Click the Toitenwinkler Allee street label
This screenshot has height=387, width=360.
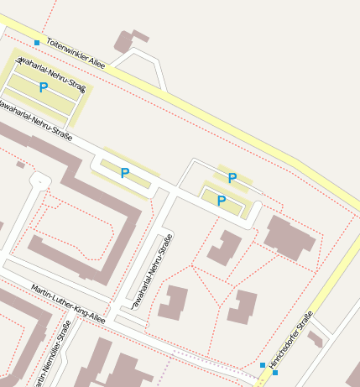coord(75,51)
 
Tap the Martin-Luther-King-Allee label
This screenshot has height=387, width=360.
coord(68,305)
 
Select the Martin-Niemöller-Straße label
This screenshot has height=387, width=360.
coord(52,355)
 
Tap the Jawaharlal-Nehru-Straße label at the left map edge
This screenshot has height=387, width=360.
coord(35,121)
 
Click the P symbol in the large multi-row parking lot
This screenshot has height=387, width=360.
coord(44,87)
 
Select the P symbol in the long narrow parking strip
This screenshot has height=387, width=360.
coord(125,173)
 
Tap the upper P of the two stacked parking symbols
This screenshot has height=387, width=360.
coord(232,177)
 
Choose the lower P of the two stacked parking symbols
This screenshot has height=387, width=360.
coord(222,200)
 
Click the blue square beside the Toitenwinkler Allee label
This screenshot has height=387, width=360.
coord(37,42)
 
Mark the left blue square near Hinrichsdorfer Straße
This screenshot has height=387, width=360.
coord(263,364)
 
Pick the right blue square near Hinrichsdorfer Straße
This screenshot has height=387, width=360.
coord(275,372)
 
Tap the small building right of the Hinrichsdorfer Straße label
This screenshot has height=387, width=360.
coord(315,338)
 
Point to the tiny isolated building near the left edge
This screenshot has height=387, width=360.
coord(20,165)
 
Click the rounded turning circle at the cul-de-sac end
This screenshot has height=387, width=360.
coord(39,180)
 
